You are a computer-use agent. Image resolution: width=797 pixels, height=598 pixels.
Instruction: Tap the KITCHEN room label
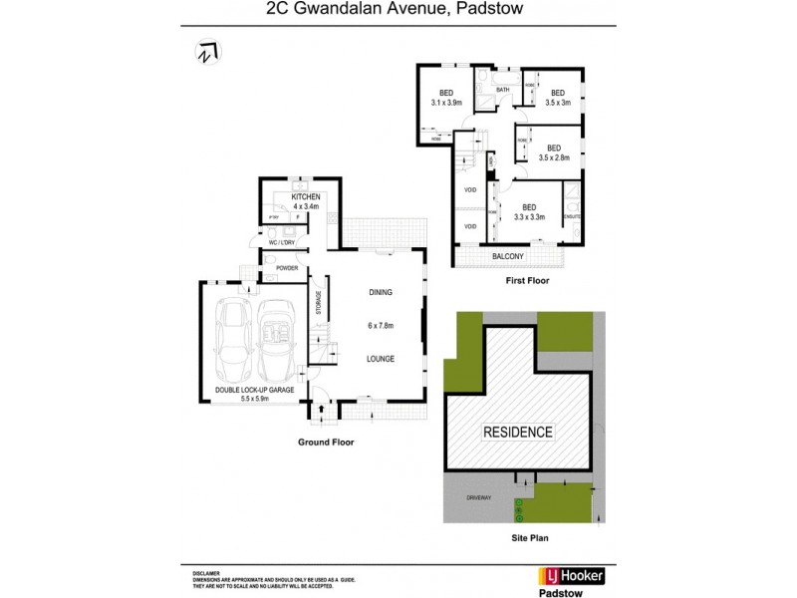coord(306,198)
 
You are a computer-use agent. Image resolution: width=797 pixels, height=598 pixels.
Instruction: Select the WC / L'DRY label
coord(283,242)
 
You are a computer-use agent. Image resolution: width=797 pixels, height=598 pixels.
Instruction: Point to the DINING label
coord(380,293)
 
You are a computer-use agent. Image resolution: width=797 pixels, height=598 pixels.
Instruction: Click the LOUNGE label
coord(380,359)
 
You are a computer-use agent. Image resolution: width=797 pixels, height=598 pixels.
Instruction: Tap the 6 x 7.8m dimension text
coord(380,326)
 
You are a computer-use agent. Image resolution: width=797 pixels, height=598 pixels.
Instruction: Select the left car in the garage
coord(235,338)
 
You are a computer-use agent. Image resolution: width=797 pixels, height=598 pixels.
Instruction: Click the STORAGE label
coord(319,303)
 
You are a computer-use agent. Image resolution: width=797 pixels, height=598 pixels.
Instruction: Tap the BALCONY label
coord(508,256)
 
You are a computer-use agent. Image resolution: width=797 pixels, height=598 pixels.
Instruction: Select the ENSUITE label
coord(572,216)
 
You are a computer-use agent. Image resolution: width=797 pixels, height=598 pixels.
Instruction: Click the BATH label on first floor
coord(503,91)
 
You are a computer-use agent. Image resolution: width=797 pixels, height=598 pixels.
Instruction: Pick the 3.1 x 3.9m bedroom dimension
coord(447,103)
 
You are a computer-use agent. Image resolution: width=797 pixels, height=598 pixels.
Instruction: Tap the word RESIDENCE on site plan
coord(518,433)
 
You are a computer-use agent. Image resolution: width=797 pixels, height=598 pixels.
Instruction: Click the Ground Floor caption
coord(327,442)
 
